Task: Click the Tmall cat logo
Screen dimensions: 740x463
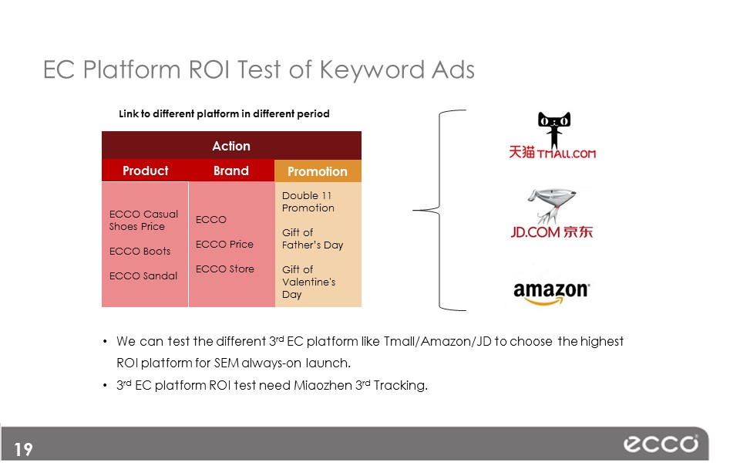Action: coord(554,130)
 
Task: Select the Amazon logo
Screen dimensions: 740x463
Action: coord(551,293)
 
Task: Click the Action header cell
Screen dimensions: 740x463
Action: coord(231,146)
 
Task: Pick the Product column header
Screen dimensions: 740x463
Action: coord(146,171)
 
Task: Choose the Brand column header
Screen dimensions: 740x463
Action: coord(230,171)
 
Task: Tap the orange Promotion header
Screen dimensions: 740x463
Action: coord(318,171)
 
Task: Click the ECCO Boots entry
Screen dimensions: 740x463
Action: coord(140,252)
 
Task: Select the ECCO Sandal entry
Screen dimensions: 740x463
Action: coord(143,276)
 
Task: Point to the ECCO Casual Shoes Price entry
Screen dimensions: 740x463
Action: coord(143,220)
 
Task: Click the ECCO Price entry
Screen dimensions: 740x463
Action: coord(224,245)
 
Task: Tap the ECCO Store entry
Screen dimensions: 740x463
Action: coord(225,269)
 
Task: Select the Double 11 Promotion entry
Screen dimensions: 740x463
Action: coord(308,201)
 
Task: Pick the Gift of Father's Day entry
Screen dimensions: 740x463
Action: coord(312,238)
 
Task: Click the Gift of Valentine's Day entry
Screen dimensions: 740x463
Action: coord(308,282)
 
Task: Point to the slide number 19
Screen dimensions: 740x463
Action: coord(23,449)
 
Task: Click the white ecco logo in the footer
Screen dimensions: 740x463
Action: coord(661,444)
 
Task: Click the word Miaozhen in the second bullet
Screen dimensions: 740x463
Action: coord(323,386)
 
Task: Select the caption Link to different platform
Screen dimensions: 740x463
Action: coord(224,114)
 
